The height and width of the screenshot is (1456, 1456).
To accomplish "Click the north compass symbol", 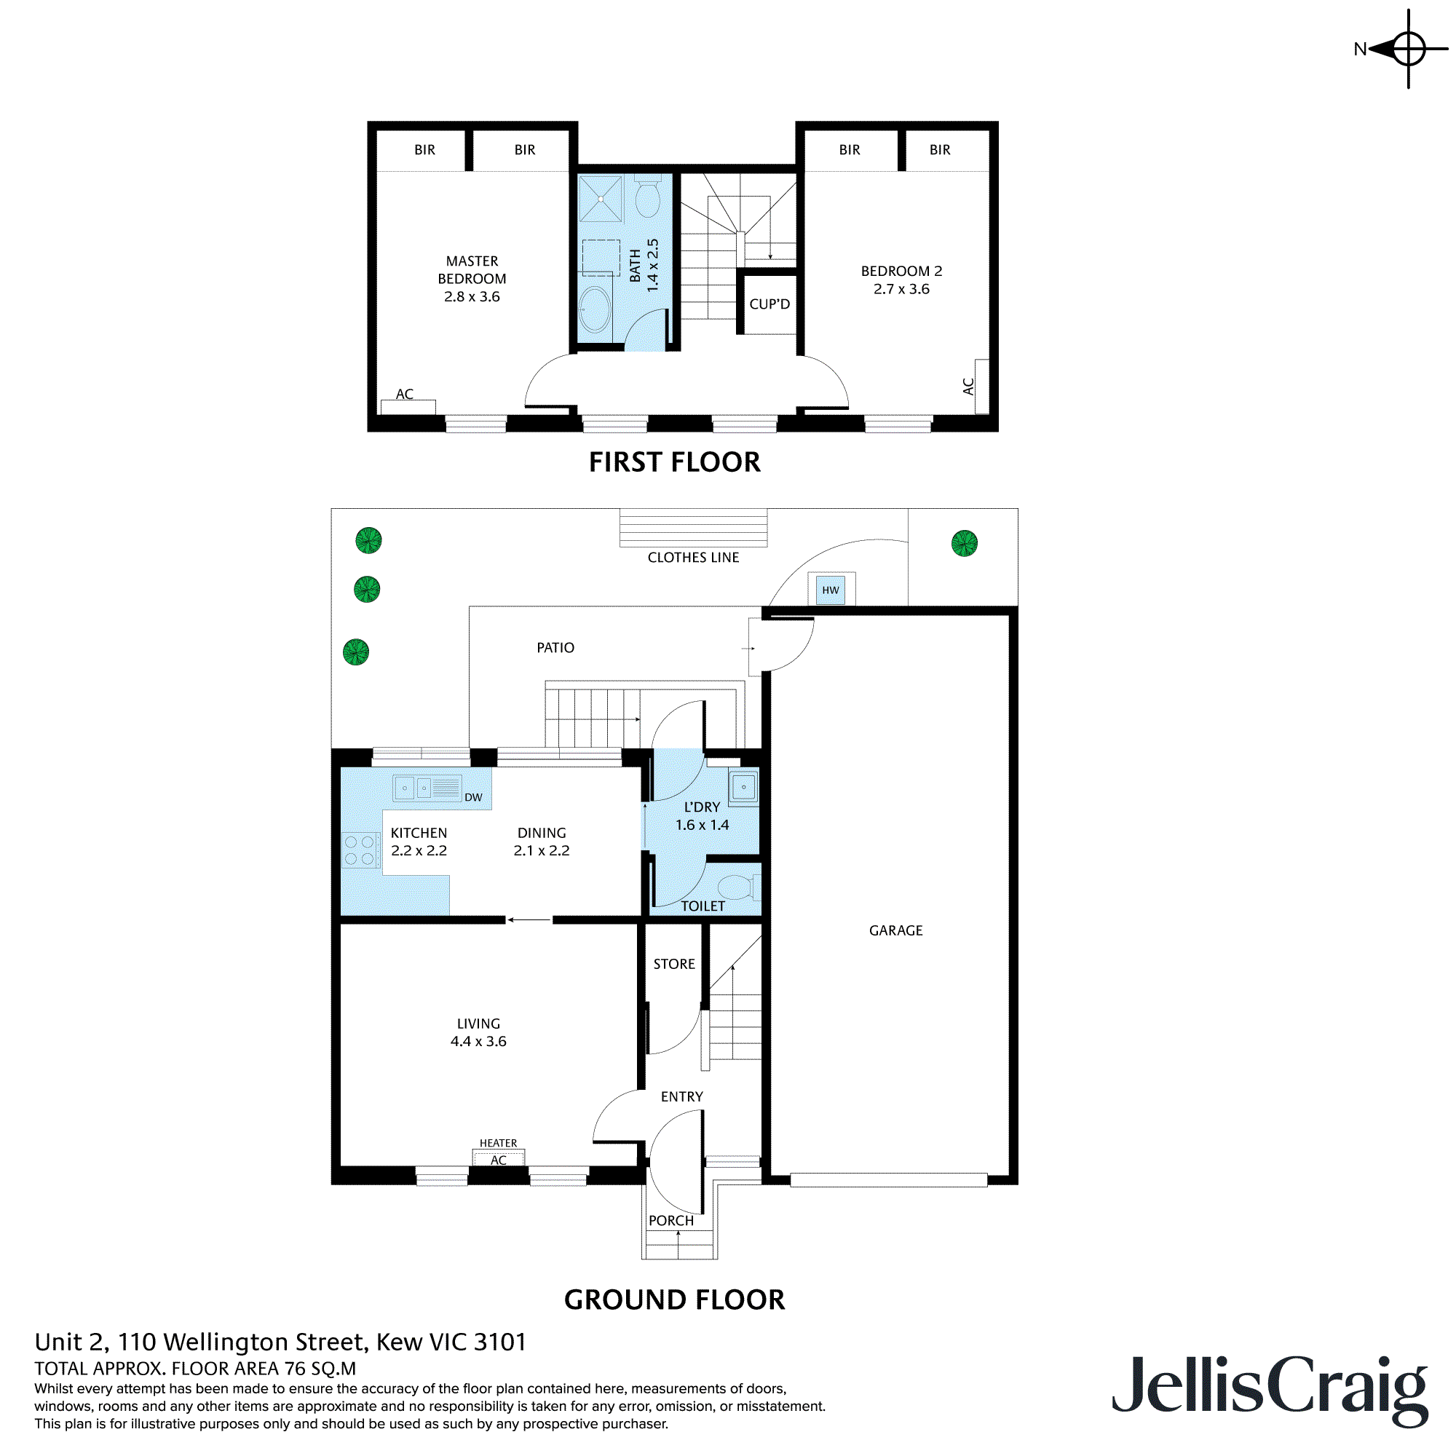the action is (x=1407, y=49).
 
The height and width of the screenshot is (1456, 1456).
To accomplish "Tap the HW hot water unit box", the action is (x=831, y=590).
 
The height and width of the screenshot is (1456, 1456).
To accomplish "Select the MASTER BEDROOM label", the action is (x=472, y=270).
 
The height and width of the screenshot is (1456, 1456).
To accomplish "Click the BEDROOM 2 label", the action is (x=901, y=271).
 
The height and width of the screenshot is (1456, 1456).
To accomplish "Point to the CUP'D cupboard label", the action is (x=769, y=304).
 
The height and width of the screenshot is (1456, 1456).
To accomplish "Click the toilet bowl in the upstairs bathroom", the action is (x=647, y=197).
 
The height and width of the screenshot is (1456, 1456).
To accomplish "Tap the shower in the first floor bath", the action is (x=601, y=199).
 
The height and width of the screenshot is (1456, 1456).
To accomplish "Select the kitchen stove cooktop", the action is (x=360, y=850).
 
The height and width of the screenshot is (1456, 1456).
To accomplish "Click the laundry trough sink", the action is (x=743, y=787).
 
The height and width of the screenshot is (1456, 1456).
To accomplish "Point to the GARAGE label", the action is (x=895, y=930).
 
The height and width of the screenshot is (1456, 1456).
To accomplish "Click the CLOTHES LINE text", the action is (x=693, y=558).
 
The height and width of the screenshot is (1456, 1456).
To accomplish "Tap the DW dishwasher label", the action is (x=473, y=797).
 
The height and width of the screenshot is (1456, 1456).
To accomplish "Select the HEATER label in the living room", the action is (x=498, y=1143).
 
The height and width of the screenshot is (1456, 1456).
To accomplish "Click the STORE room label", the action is (x=673, y=964).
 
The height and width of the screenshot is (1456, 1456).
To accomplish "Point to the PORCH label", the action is (x=670, y=1220).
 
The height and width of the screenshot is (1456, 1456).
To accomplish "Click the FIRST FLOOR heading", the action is (x=675, y=462).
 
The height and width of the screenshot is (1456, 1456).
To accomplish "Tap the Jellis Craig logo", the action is (x=1270, y=1388).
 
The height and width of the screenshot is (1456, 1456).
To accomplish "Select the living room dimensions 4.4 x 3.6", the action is (x=478, y=1042).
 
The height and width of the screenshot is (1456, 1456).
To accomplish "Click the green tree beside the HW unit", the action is (x=965, y=543).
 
